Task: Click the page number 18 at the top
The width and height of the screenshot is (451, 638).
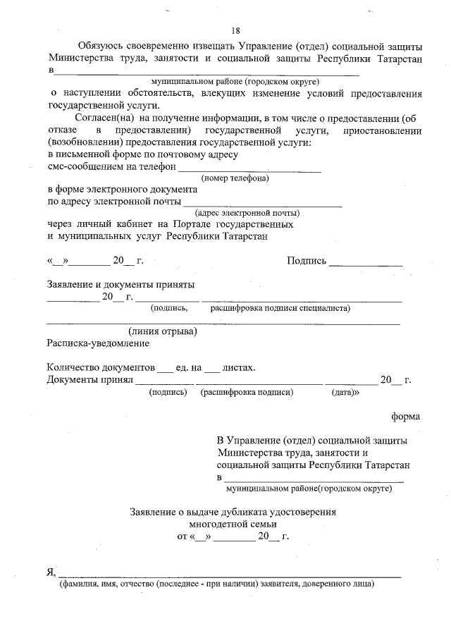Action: click(236, 30)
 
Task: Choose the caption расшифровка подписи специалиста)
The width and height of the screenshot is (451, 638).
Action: click(280, 307)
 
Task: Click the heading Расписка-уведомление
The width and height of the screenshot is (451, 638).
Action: click(98, 343)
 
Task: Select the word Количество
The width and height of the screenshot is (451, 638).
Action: click(73, 368)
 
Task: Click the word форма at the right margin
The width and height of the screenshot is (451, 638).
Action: click(406, 416)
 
